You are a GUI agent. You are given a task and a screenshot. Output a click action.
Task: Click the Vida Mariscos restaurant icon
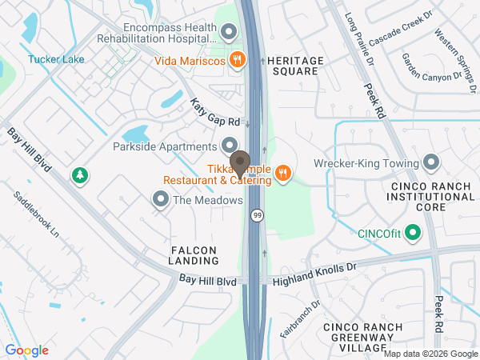coord(237,59)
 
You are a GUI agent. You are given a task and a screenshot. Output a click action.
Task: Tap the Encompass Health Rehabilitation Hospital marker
coord(230,32)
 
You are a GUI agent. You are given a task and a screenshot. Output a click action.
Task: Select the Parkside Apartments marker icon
coord(230,146)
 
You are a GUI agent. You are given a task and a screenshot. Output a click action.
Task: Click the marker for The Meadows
coord(161,200)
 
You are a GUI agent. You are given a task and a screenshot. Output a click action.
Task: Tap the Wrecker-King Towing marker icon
coord(431,164)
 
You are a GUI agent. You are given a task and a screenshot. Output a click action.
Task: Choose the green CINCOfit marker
coord(413,234)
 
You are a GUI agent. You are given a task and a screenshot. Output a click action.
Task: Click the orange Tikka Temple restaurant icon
coord(282,174)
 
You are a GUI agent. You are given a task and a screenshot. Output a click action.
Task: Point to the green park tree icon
coord(78,175)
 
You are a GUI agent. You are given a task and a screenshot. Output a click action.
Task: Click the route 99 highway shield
coord(257,216)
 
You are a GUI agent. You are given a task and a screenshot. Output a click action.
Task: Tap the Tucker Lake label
coord(56,58)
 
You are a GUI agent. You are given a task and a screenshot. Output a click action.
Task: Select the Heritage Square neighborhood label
coord(296,66)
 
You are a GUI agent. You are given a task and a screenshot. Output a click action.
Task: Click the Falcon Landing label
coord(194,255)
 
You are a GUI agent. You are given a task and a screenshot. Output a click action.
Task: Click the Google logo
coord(27,350)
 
